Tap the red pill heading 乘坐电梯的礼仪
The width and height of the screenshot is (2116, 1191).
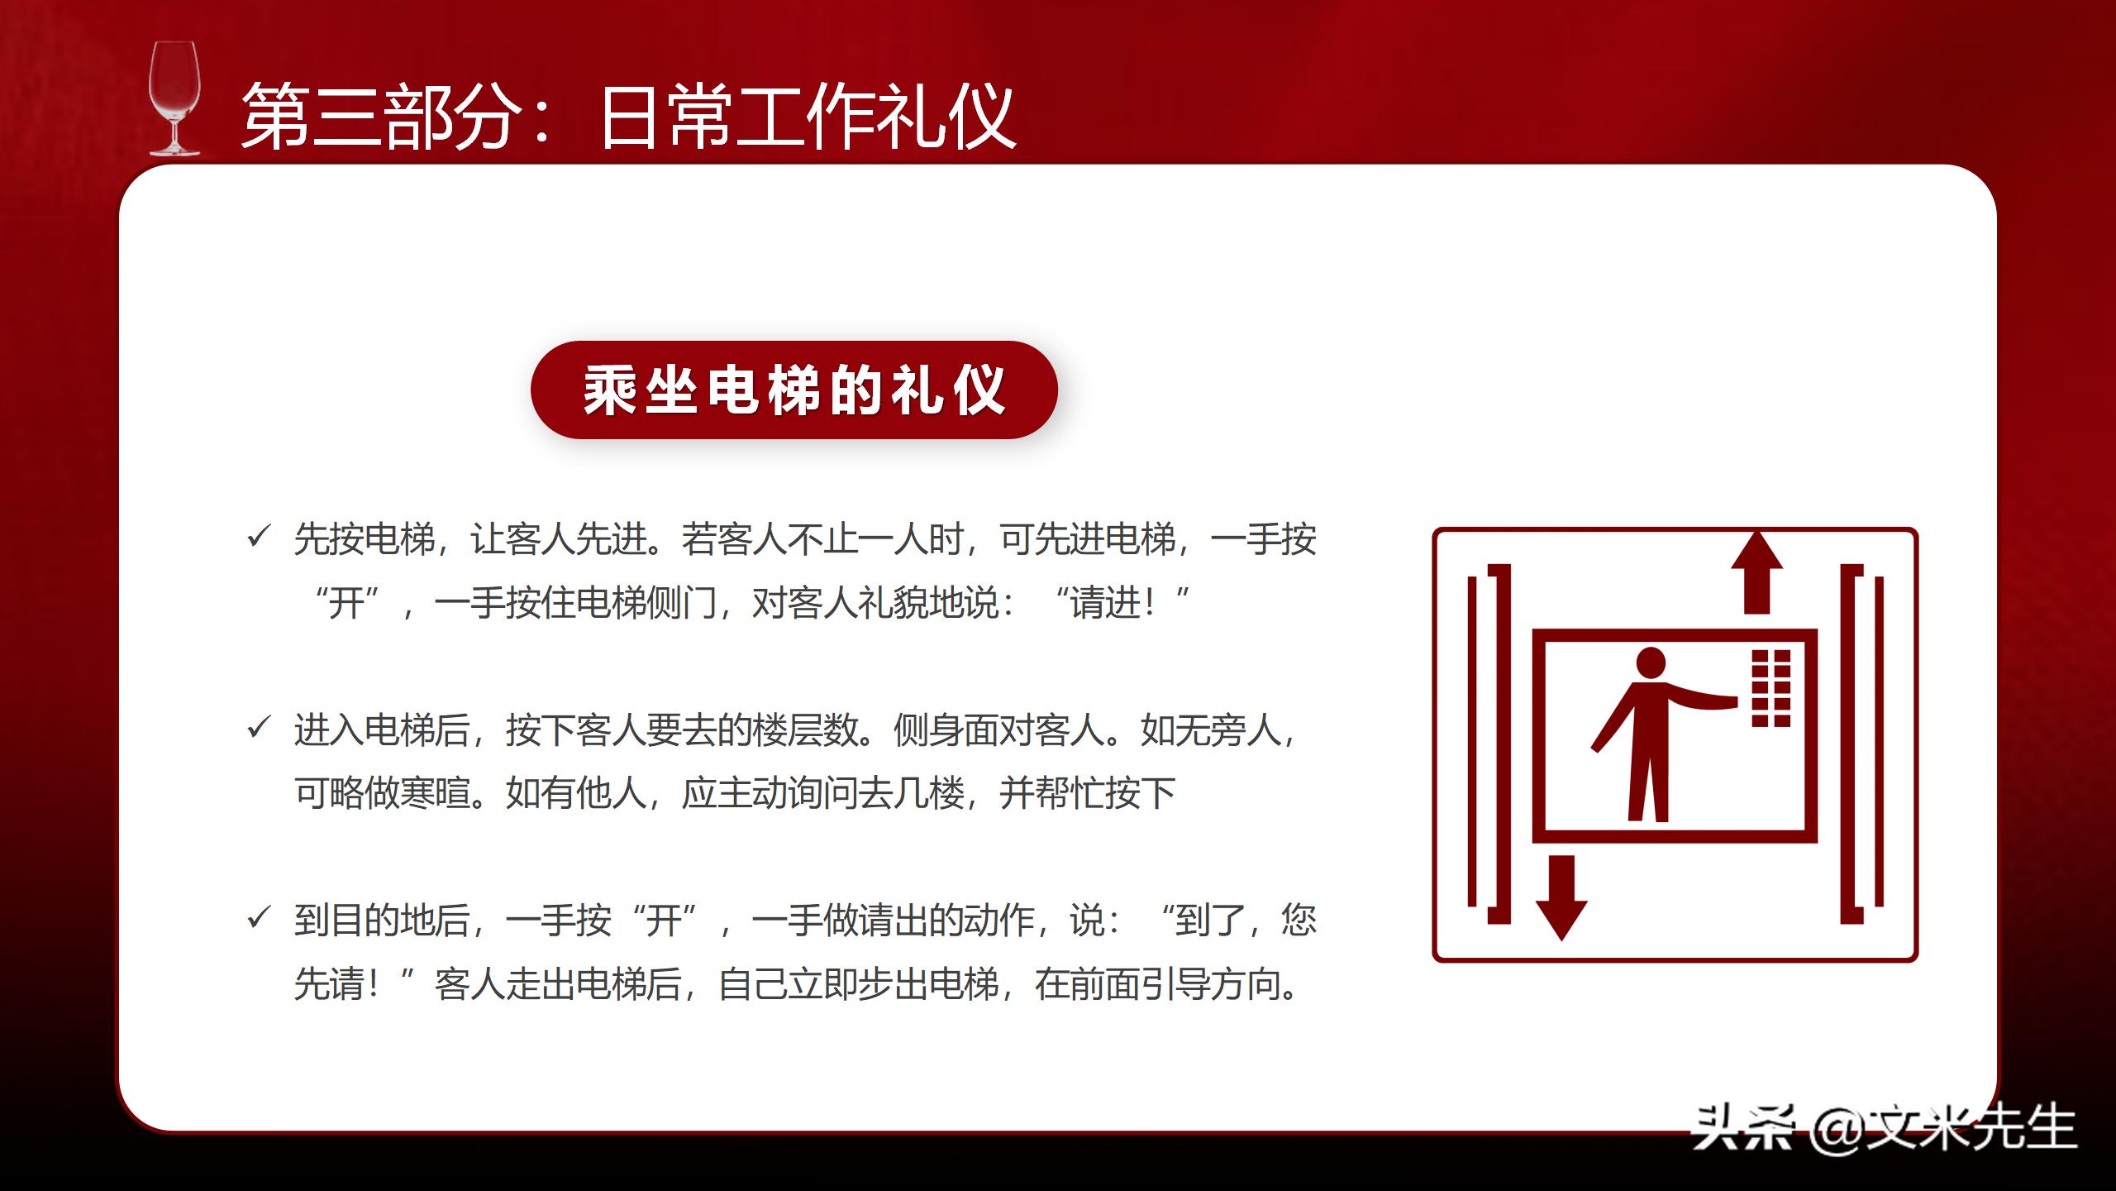(793, 390)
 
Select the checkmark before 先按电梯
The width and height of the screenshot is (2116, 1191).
(259, 537)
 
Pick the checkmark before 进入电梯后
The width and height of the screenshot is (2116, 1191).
(259, 728)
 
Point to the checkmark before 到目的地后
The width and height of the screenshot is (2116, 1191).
(259, 918)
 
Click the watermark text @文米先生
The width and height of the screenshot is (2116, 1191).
(1943, 1127)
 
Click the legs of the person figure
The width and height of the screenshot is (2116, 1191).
(1647, 786)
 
